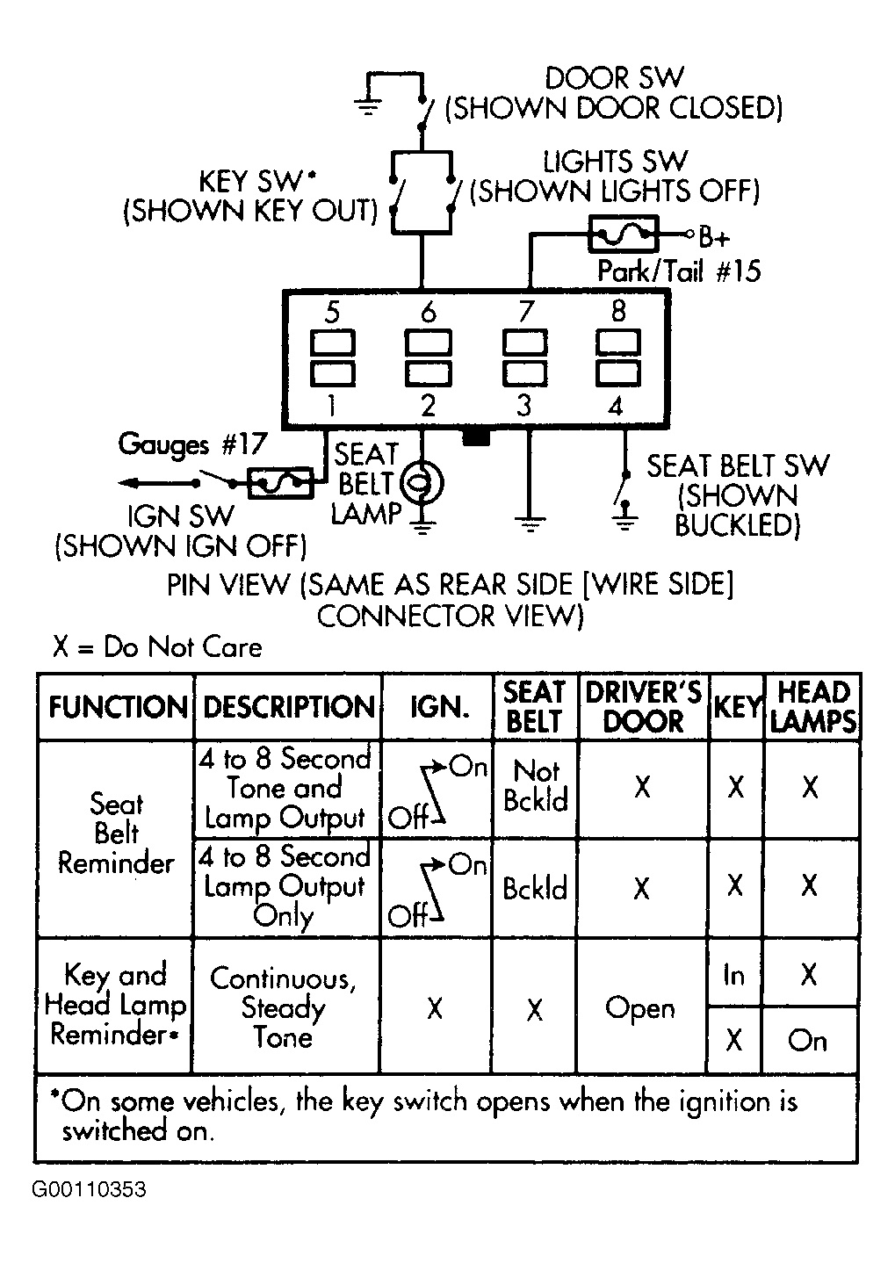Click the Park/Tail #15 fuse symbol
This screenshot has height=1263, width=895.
pyautogui.click(x=624, y=234)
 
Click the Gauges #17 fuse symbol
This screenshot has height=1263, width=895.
pyautogui.click(x=281, y=483)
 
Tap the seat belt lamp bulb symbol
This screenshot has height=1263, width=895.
pyautogui.click(x=422, y=483)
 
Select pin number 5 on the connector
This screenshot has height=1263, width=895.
pyautogui.click(x=332, y=312)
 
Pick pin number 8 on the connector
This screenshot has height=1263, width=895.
pyautogui.click(x=618, y=311)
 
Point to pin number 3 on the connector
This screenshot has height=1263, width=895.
pyautogui.click(x=524, y=405)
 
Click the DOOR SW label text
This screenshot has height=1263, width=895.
pyautogui.click(x=614, y=78)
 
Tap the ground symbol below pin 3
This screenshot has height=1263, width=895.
pyautogui.click(x=529, y=523)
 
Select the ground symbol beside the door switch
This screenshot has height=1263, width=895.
pyautogui.click(x=368, y=106)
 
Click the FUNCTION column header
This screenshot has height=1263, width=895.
pyautogui.click(x=118, y=707)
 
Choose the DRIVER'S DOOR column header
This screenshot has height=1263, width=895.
pyautogui.click(x=643, y=707)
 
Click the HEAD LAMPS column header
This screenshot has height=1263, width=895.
pyautogui.click(x=813, y=707)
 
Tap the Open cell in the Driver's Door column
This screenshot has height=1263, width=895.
pyautogui.click(x=640, y=1008)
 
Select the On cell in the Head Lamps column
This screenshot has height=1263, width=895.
pyautogui.click(x=807, y=1040)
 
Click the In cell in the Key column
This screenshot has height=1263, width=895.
pyautogui.click(x=733, y=975)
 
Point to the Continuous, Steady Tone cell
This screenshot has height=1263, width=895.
pyautogui.click(x=283, y=1007)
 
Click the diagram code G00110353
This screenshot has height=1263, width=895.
pyautogui.click(x=89, y=1190)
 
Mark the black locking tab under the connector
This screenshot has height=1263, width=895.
pyautogui.click(x=476, y=438)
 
